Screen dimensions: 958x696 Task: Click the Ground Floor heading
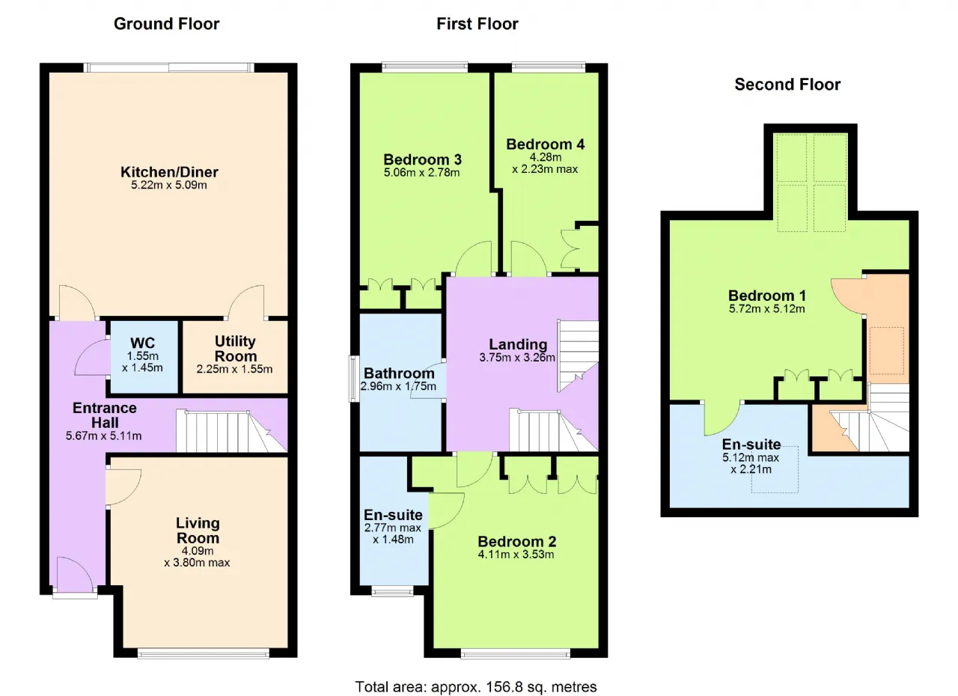[x=166, y=24]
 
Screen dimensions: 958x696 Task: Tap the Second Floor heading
[x=787, y=85]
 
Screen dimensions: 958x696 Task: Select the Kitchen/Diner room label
[x=169, y=172]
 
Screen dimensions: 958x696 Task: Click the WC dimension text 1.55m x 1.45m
[x=142, y=361]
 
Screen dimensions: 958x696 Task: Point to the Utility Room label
[x=235, y=349]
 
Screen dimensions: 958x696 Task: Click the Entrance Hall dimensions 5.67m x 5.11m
[x=103, y=436]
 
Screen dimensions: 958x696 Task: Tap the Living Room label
[x=198, y=530]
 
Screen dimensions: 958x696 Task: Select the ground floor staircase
[x=231, y=431]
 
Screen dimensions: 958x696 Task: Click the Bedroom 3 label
[x=423, y=159]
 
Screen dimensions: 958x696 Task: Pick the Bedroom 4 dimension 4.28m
[x=546, y=157]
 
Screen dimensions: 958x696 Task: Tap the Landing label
[x=518, y=344]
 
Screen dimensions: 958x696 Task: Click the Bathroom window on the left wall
[x=354, y=379]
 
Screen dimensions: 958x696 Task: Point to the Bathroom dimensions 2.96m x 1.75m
[x=398, y=386]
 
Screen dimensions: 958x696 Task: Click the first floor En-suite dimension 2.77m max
[x=393, y=528]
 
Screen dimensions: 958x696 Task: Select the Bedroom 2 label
[x=517, y=542]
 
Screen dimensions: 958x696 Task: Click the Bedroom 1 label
[x=767, y=296]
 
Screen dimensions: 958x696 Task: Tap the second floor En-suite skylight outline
[x=775, y=469]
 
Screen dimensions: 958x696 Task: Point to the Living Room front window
[x=204, y=653]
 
